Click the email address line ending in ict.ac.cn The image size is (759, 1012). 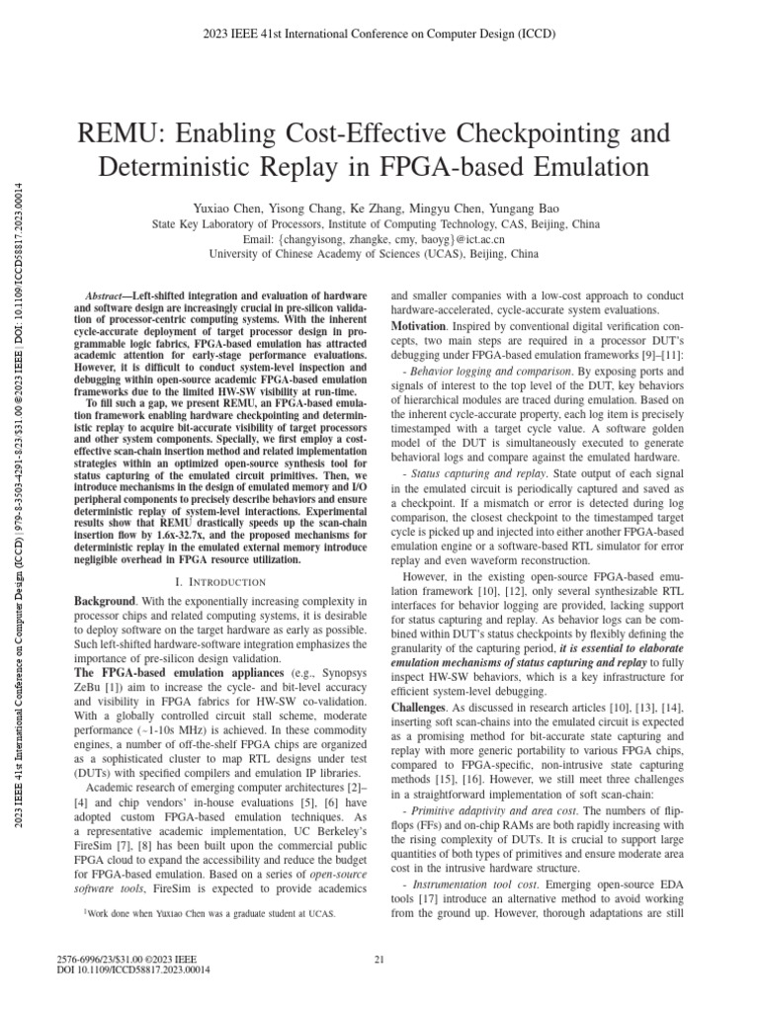click(379, 239)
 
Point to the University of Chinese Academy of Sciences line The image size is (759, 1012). click(379, 254)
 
